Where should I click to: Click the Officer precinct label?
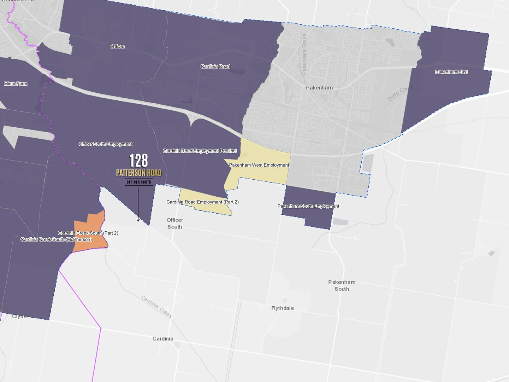pos(117,46)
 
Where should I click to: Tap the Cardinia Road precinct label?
pos(215,66)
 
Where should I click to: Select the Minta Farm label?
pos(16,84)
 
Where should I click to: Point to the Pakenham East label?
pos(451,72)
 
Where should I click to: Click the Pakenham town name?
pos(319,88)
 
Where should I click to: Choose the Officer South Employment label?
pos(105,144)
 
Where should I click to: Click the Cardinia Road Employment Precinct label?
pos(200,151)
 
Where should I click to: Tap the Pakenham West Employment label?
pos(259,165)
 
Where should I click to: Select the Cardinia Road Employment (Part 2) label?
pos(202,202)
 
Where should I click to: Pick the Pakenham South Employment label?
pos(308,206)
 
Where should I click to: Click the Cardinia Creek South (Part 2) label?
pos(88,233)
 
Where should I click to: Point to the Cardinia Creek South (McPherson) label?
pos(56,239)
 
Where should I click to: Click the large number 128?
pos(138,161)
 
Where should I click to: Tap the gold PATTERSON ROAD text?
pos(139,173)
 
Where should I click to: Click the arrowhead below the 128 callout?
pos(138,220)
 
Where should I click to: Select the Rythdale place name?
pos(283,308)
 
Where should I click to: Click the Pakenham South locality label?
pos(342,285)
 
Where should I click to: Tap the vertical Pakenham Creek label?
pos(304,54)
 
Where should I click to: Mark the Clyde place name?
pos(19,316)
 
